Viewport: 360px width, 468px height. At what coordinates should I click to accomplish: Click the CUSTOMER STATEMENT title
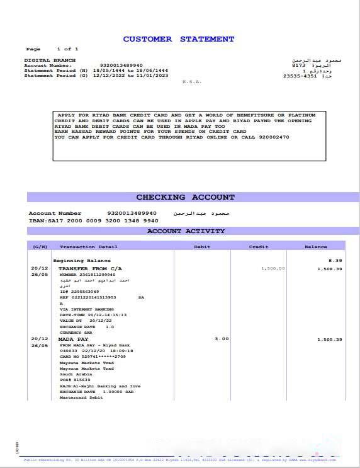pyautogui.click(x=179, y=39)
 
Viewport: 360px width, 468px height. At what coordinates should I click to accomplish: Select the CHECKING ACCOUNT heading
pyautogui.click(x=186, y=197)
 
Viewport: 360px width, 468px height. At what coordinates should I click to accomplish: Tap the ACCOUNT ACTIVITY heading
pyautogui.click(x=186, y=231)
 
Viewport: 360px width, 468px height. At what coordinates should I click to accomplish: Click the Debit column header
pyautogui.click(x=202, y=247)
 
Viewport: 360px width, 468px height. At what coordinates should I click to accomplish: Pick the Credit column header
pyautogui.click(x=258, y=247)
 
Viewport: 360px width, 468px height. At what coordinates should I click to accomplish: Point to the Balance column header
pyautogui.click(x=316, y=247)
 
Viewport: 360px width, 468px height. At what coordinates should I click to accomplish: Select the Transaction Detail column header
pyautogui.click(x=88, y=247)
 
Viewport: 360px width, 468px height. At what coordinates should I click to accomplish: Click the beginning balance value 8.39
pyautogui.click(x=335, y=260)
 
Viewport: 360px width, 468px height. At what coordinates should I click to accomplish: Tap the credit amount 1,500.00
pyautogui.click(x=273, y=268)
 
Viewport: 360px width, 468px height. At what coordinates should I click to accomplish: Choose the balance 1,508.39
pyautogui.click(x=330, y=269)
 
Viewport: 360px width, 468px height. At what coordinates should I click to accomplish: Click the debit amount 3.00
pyautogui.click(x=221, y=339)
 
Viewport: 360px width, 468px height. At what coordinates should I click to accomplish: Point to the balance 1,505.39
pyautogui.click(x=330, y=340)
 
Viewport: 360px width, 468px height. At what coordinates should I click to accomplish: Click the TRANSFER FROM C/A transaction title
pyautogui.click(x=91, y=268)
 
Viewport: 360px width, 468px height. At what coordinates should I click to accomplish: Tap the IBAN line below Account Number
pyautogui.click(x=93, y=221)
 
